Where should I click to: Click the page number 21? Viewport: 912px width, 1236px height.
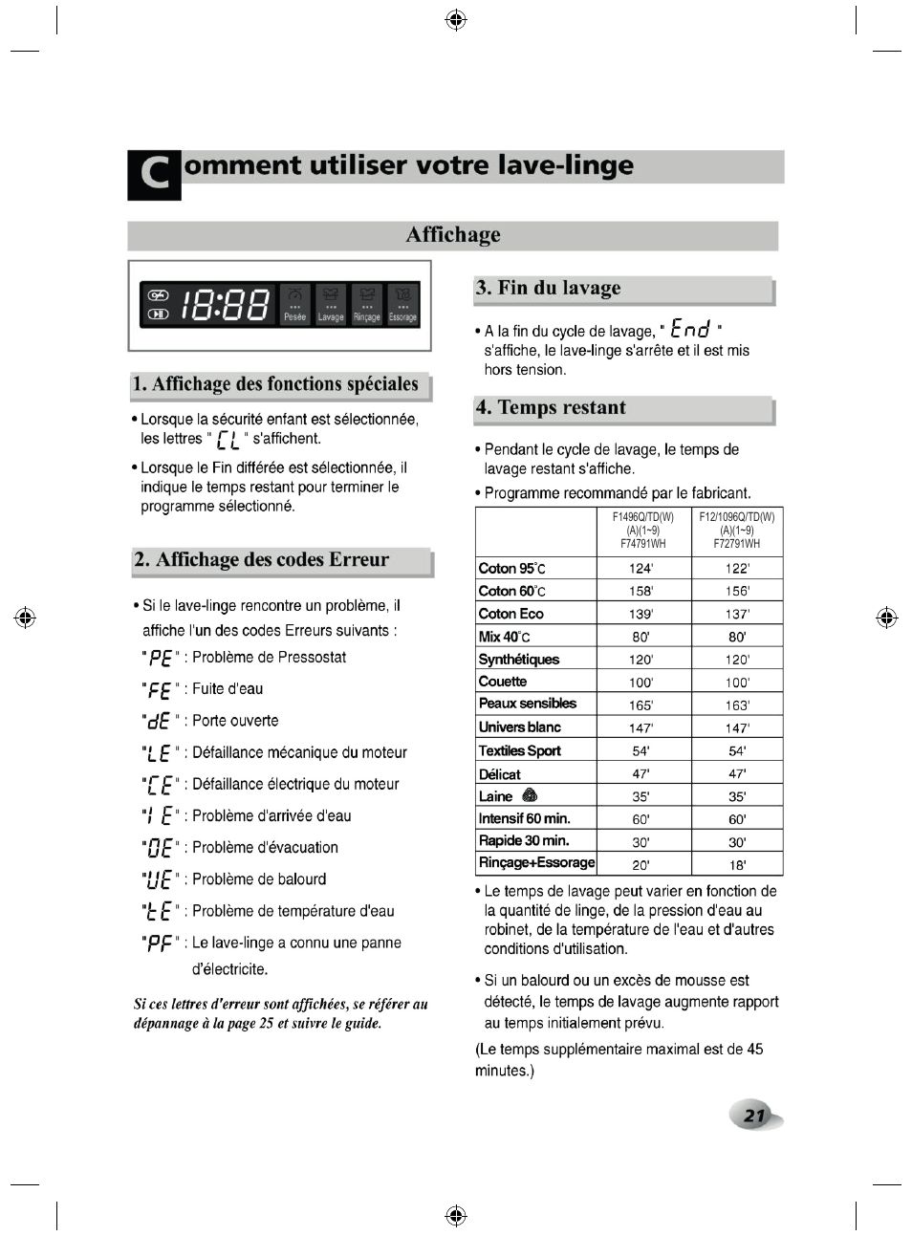click(755, 1115)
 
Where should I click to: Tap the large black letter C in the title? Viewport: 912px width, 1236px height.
click(154, 175)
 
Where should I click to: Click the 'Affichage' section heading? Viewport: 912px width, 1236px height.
click(452, 235)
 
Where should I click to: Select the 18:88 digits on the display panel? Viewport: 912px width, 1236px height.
click(226, 305)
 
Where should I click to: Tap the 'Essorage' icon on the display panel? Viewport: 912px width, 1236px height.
click(402, 305)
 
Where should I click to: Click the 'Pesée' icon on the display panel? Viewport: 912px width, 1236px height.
click(294, 305)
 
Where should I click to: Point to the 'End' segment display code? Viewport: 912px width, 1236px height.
click(690, 330)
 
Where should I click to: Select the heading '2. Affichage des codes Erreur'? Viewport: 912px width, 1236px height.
click(262, 560)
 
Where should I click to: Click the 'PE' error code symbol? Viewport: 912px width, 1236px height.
click(160, 659)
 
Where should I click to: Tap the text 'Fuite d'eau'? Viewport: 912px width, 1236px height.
click(228, 689)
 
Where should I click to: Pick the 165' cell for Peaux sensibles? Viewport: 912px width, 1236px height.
click(641, 705)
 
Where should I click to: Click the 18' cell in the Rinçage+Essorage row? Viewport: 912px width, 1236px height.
click(736, 865)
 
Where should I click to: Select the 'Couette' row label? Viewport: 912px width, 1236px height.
click(503, 682)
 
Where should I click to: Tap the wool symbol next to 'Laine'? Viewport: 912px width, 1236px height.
click(531, 795)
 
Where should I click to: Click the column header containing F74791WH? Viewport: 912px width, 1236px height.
click(643, 530)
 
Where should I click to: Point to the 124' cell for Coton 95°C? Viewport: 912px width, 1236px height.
click(641, 568)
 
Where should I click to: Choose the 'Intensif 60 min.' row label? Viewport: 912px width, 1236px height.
click(524, 818)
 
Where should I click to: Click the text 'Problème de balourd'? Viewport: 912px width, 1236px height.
click(259, 879)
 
